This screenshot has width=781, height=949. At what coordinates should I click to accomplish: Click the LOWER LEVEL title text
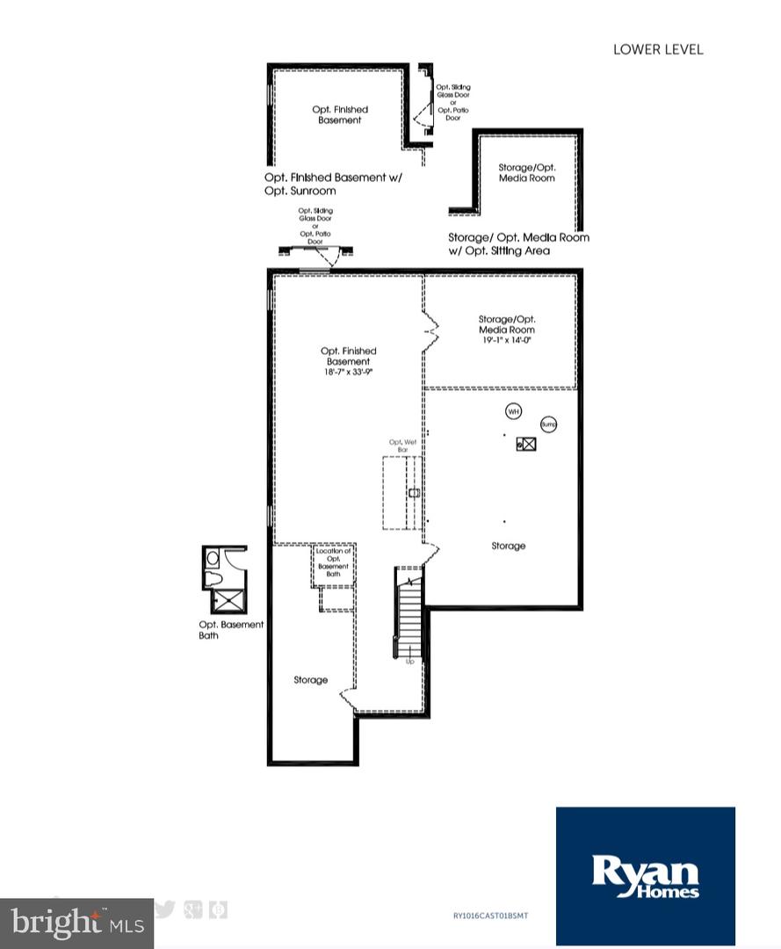point(657,49)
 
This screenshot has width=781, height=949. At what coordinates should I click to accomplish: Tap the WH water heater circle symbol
point(513,410)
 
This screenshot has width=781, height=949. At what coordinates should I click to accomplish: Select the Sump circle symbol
point(549,424)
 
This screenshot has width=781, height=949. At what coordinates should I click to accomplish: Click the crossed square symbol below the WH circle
point(526,445)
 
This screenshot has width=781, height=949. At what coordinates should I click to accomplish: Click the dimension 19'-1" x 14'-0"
point(507,340)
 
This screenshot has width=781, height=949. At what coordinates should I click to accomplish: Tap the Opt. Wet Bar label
point(401,446)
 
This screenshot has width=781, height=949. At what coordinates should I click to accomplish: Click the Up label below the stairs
point(409,662)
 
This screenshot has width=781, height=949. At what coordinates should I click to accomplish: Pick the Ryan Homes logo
point(645,876)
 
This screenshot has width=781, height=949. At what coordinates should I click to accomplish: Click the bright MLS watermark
point(76,923)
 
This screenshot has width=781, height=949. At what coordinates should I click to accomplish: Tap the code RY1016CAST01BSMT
point(490,916)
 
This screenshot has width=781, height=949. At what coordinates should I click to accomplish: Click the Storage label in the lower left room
point(310,679)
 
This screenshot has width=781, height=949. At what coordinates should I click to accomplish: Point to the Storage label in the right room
point(508,546)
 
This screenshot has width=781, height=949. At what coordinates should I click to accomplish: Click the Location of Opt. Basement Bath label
point(334,562)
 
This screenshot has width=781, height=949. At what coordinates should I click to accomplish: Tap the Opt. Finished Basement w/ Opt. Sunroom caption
point(332,184)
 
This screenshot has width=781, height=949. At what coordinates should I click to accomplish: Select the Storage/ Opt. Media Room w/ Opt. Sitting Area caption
point(518,244)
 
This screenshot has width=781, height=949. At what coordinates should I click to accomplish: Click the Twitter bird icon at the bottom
point(164,909)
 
